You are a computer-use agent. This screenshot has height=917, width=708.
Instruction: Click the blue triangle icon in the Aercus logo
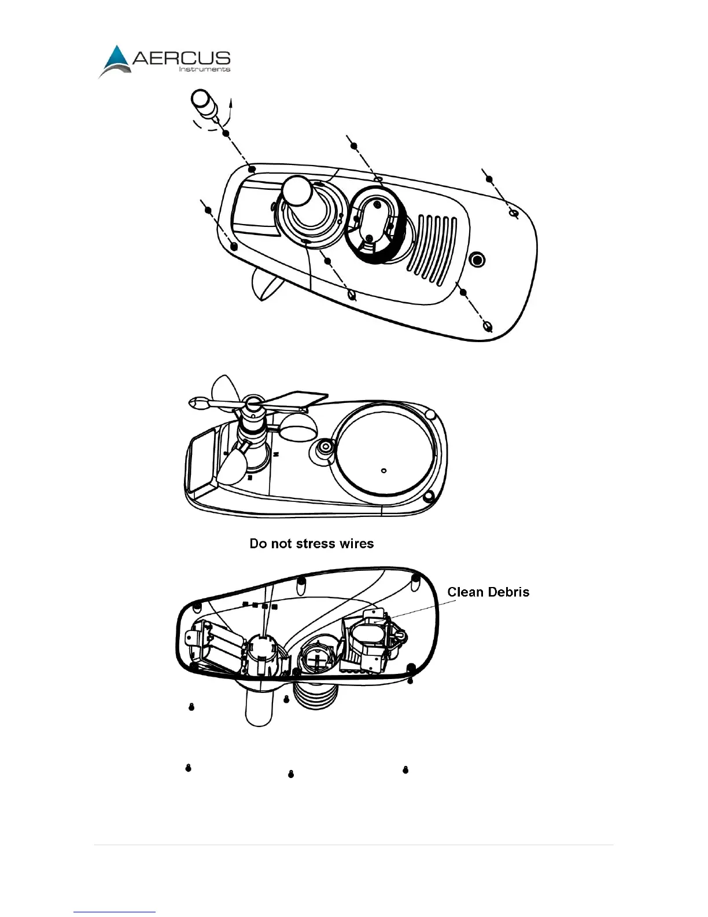(x=117, y=59)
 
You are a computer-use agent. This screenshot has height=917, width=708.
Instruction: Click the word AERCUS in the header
(x=182, y=58)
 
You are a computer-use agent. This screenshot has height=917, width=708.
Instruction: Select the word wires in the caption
(x=356, y=544)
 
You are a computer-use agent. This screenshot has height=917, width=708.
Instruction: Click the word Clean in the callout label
(x=466, y=592)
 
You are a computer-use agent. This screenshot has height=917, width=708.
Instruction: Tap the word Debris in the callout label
(x=509, y=592)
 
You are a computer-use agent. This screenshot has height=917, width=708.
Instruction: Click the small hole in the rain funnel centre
(x=384, y=470)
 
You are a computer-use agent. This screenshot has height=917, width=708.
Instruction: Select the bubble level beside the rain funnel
(x=325, y=447)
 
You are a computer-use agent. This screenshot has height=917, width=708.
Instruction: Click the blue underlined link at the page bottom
(x=115, y=912)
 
